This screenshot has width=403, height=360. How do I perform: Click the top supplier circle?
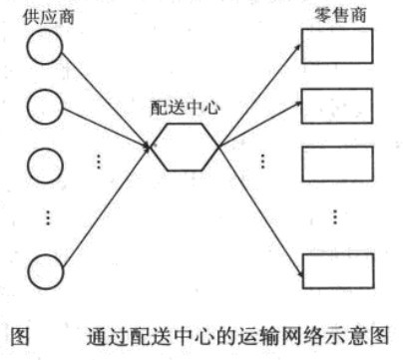tap(44, 49)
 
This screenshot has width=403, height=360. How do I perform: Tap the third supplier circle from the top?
tap(44, 167)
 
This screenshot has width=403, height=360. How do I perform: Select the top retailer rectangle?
tap(336, 44)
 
